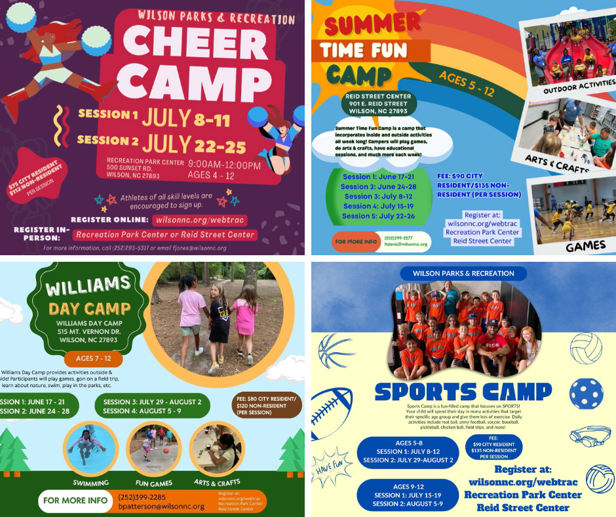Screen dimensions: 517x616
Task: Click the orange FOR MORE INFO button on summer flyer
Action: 356,242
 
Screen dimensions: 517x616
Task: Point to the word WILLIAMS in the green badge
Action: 89,286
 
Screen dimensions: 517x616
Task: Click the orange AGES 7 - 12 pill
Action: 94,359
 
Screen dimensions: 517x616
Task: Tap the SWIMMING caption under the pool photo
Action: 90,483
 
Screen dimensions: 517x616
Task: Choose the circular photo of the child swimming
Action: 90,448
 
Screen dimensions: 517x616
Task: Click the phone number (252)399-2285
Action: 142,497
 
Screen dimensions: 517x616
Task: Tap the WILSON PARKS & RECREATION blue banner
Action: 463,273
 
